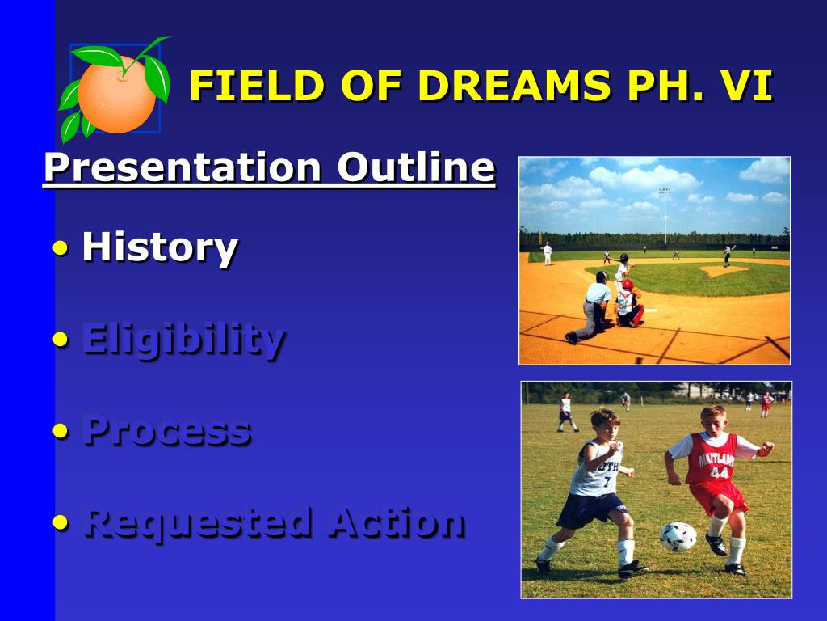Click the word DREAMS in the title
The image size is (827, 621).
pyautogui.click(x=514, y=85)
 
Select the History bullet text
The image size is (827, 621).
pyautogui.click(x=160, y=247)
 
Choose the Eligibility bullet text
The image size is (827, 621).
pyautogui.click(x=184, y=340)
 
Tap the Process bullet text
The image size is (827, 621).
pyautogui.click(x=166, y=431)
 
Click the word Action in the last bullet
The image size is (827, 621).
pyautogui.click(x=396, y=523)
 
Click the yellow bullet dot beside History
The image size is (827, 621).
pyautogui.click(x=61, y=247)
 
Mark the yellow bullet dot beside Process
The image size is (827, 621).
pyautogui.click(x=61, y=432)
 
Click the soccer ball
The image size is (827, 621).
pyautogui.click(x=678, y=537)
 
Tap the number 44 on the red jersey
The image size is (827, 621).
pyautogui.click(x=719, y=472)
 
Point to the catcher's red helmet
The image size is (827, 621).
pyautogui.click(x=627, y=284)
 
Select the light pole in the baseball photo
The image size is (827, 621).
pyautogui.click(x=665, y=217)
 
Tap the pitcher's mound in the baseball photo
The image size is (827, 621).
pyautogui.click(x=724, y=271)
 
